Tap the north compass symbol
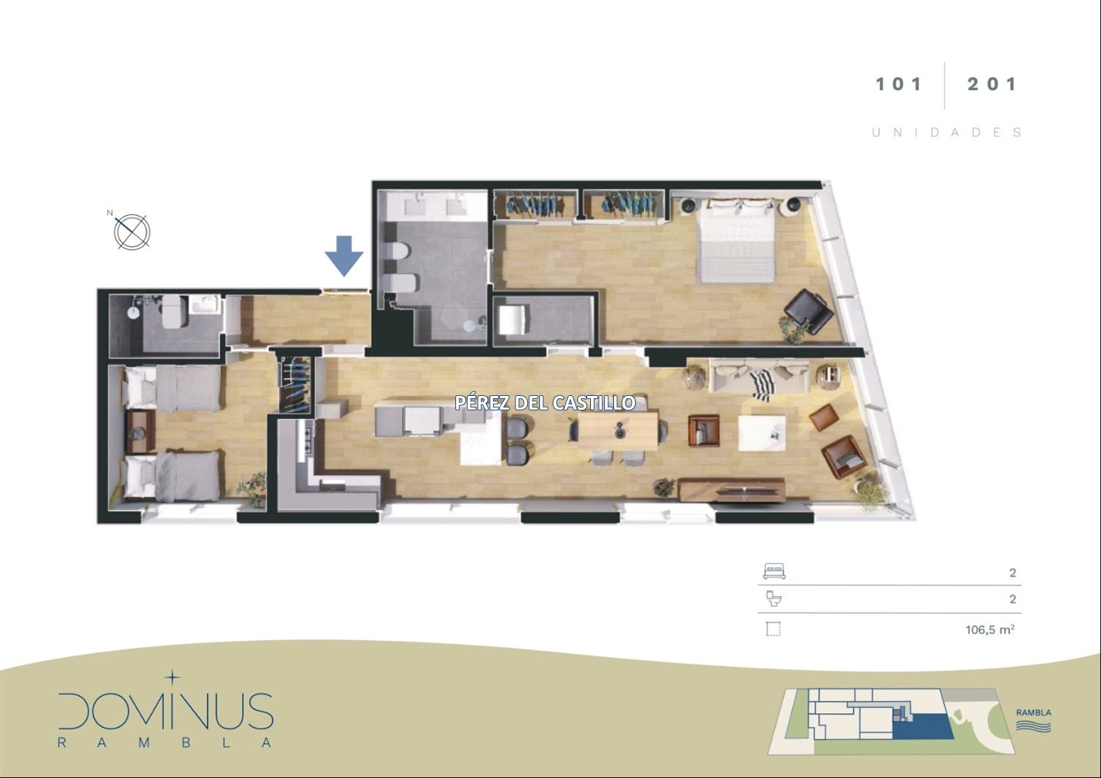pos(132,231)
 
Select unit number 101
pos(898,85)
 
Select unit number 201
pos(992,85)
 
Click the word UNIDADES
pos(947,132)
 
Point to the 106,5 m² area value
pos(990,629)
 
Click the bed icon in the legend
pos(774,572)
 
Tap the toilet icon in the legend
pos(774,599)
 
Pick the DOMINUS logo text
pos(166,711)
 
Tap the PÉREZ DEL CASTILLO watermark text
pos(545,403)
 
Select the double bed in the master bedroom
pos(737,241)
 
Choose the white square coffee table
pos(761,432)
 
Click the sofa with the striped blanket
pos(759,376)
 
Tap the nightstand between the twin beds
pos(140,431)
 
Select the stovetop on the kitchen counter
pos(307,441)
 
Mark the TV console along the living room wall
pos(732,490)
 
